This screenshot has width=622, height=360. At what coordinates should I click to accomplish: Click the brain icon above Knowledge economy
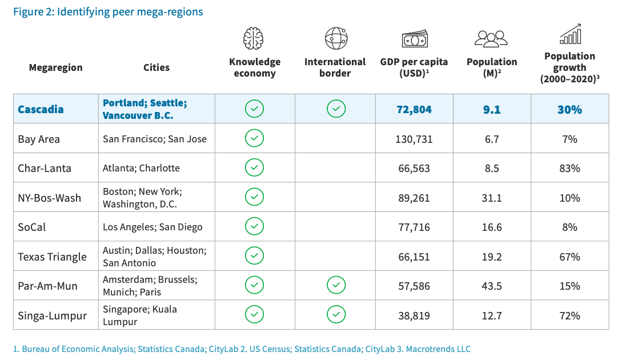255,38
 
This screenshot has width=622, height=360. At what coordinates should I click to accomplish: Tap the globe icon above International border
336,38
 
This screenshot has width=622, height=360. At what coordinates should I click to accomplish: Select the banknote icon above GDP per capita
415,39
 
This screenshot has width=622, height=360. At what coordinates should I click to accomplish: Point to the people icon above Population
491,38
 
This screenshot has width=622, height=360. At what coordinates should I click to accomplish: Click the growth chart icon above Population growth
570,34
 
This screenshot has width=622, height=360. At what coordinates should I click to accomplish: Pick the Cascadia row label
41,109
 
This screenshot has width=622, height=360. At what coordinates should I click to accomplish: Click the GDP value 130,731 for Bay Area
415,139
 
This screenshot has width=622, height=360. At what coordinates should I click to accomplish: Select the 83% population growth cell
569,169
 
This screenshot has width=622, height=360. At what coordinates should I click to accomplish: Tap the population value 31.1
492,198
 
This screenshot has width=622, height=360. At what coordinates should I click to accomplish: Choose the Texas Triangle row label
52,257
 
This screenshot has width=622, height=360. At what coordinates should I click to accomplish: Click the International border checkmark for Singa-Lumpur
336,314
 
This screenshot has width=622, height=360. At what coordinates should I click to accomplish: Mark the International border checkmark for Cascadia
336,109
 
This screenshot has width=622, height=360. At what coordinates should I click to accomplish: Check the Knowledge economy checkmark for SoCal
254,226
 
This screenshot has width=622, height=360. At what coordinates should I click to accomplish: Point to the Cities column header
156,67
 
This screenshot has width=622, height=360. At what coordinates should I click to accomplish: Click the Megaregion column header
55,67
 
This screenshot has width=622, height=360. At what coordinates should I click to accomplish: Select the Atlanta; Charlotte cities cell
141,168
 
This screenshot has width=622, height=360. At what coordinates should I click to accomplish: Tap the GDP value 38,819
415,315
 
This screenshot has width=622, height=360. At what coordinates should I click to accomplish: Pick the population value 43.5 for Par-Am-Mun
492,286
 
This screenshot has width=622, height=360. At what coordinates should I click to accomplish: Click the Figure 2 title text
108,11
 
